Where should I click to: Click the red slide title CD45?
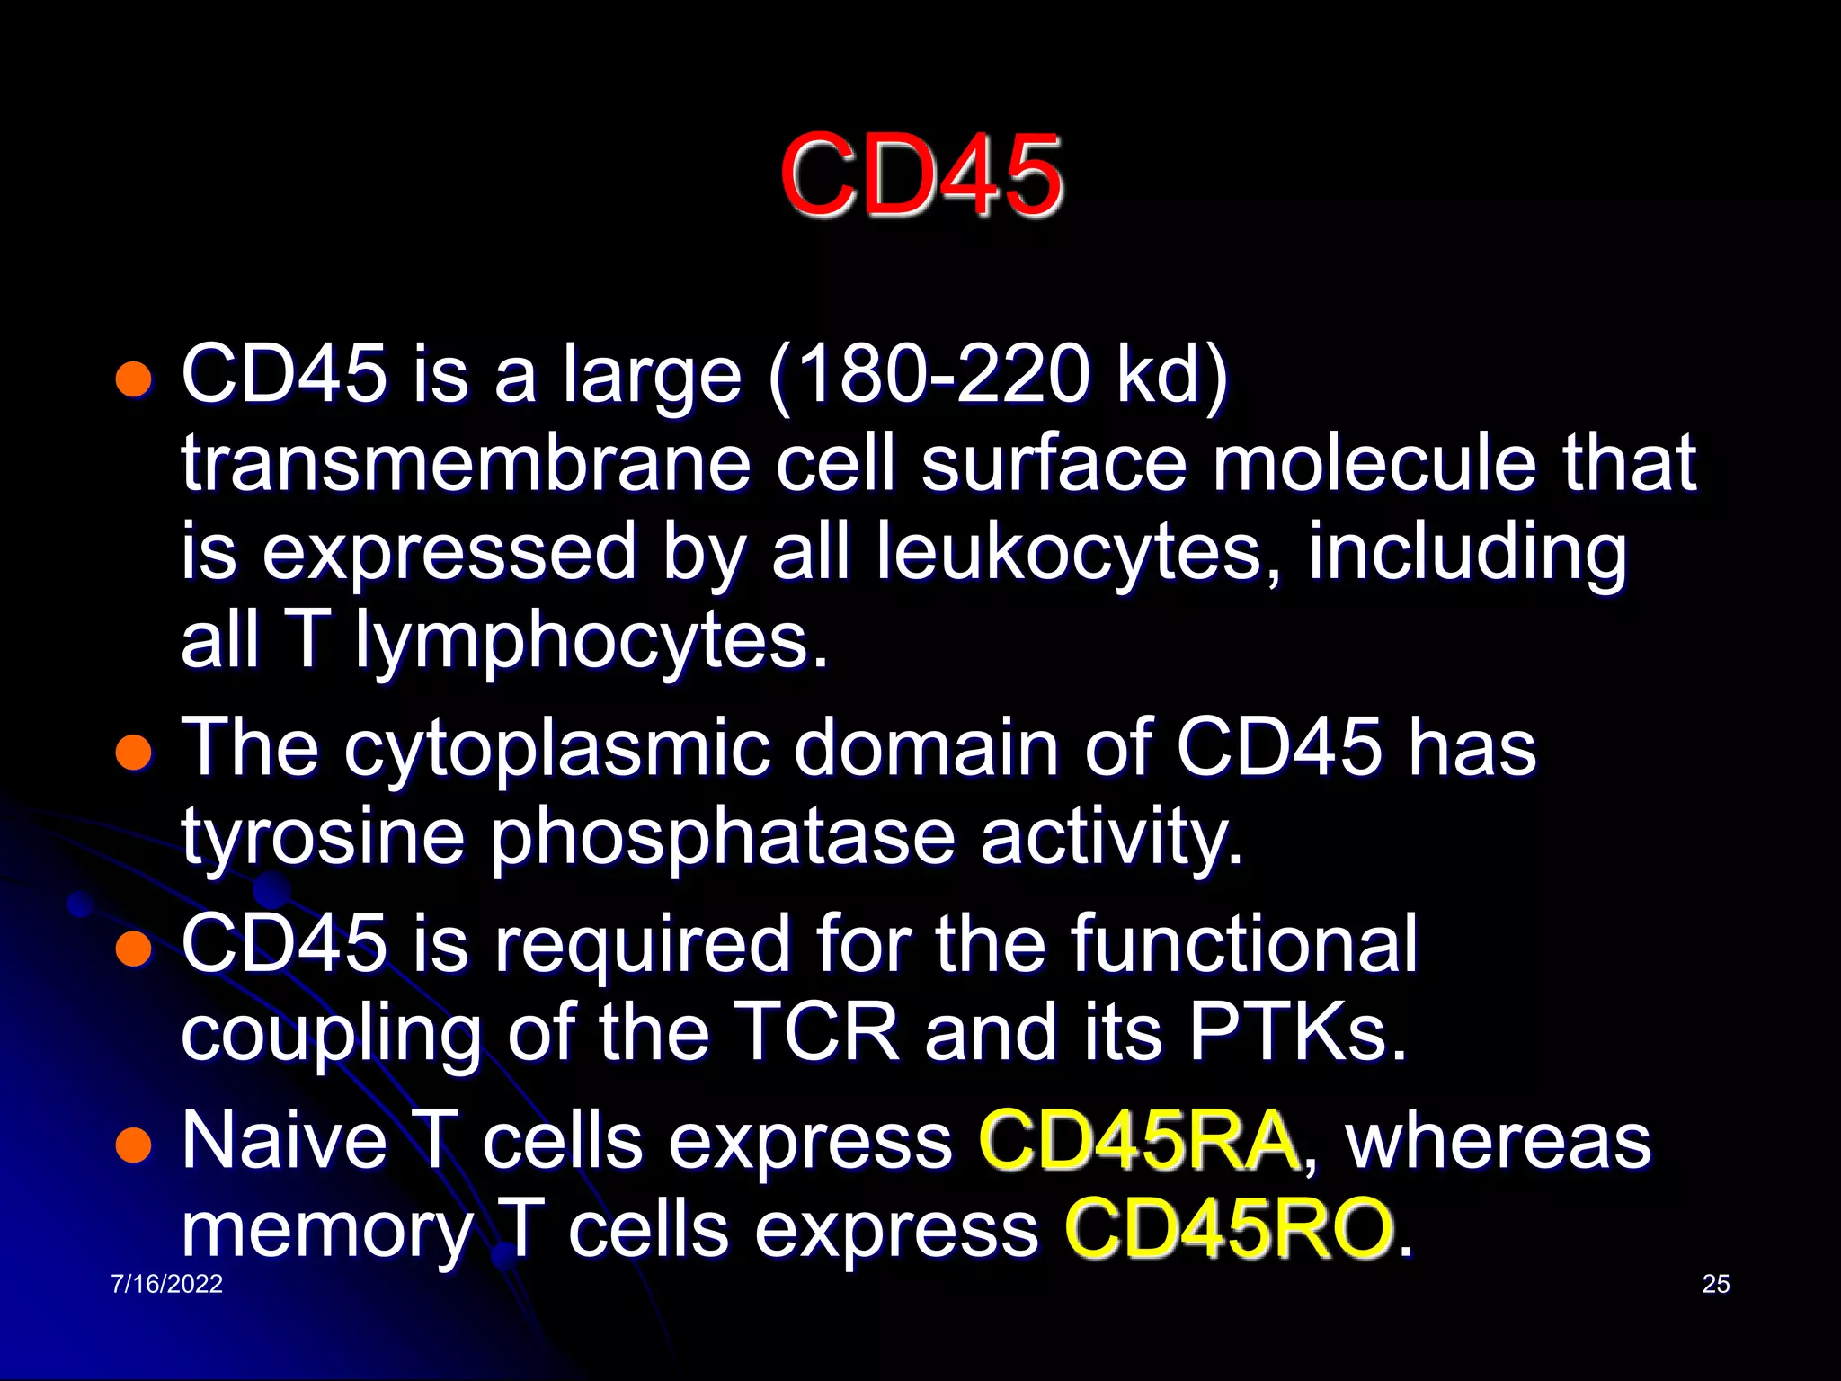920,175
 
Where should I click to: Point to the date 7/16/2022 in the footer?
166,1284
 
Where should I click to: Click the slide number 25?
1715,1284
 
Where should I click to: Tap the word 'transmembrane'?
466,464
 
